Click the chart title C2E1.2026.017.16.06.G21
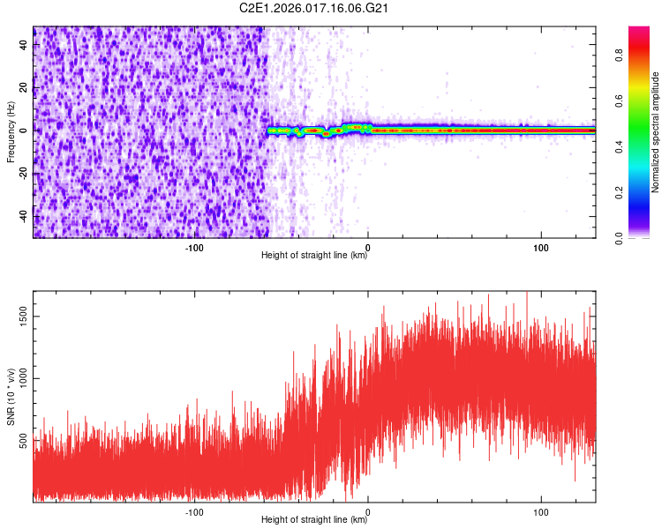click(x=315, y=8)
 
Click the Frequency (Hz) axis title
click(x=11, y=131)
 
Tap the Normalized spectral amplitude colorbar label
click(x=656, y=131)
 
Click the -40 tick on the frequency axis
click(x=23, y=216)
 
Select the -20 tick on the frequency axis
click(x=23, y=173)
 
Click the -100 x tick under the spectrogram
click(x=194, y=246)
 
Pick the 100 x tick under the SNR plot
click(x=540, y=510)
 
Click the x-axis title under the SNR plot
click(x=314, y=520)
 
